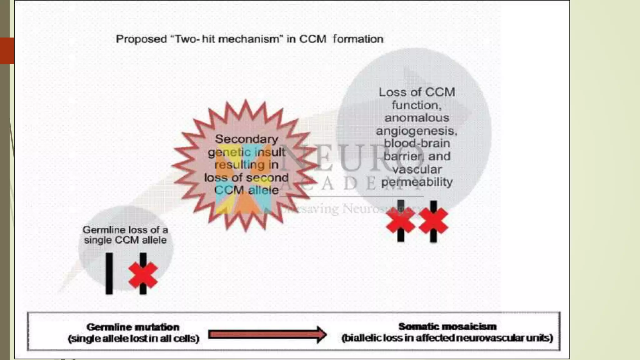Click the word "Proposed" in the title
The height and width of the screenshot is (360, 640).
click(x=141, y=39)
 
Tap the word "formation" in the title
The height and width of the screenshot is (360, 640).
click(x=358, y=39)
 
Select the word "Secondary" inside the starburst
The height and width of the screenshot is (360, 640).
click(x=246, y=139)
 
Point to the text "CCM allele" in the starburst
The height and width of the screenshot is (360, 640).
click(x=246, y=190)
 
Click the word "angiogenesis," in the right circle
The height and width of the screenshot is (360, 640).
click(x=416, y=131)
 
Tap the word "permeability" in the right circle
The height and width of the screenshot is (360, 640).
click(x=417, y=182)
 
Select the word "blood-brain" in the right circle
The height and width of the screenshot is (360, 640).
click(x=417, y=143)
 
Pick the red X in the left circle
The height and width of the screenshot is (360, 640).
click(x=143, y=275)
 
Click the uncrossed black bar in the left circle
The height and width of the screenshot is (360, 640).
click(x=109, y=273)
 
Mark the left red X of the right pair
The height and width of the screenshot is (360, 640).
click(x=400, y=221)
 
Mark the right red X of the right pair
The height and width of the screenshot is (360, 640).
click(x=433, y=221)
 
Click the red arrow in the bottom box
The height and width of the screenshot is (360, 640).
click(x=267, y=335)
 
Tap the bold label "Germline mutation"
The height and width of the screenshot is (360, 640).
click(x=133, y=327)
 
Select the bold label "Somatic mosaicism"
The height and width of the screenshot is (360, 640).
click(x=447, y=327)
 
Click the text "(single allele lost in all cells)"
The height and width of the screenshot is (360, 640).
click(x=133, y=338)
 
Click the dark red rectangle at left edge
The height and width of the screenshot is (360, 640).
click(x=7, y=51)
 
